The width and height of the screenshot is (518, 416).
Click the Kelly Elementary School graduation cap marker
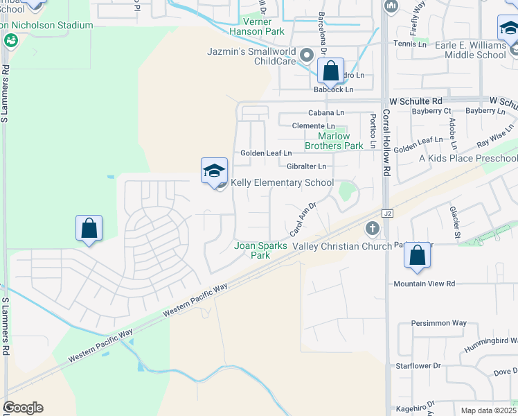pos(215,170)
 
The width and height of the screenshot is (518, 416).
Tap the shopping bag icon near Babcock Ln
pos(331,71)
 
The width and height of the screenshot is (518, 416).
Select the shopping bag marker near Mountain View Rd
pos(418,254)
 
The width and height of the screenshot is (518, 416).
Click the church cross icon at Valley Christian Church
pos(372,227)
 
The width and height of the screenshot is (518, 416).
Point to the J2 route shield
pos(388,213)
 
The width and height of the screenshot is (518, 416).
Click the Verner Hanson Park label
pos(256,31)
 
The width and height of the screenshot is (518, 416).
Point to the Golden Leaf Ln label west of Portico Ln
pos(266,153)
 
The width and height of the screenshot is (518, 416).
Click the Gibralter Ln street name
pos(305,166)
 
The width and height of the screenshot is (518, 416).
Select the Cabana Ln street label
pos(326,112)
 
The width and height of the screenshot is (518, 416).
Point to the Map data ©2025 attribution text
pos(488,410)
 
